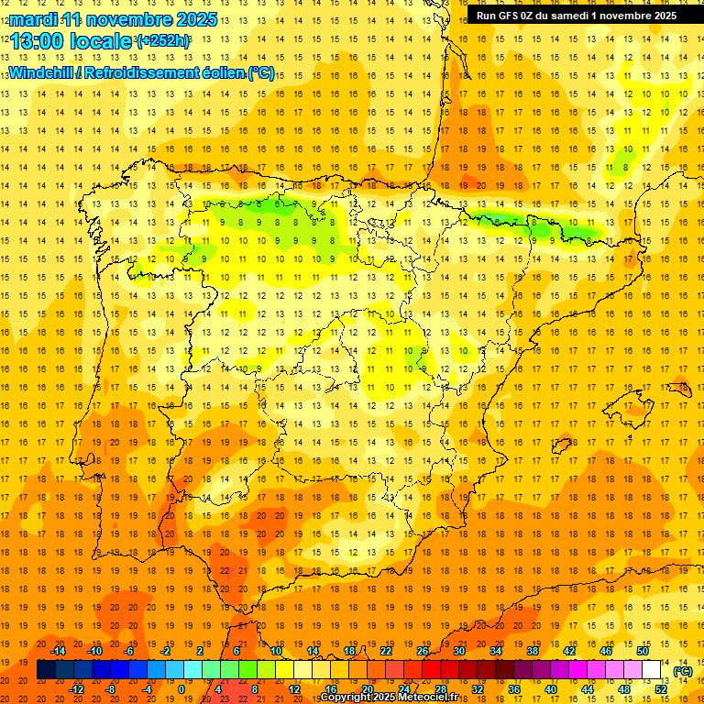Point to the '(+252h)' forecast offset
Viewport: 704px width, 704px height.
(x=162, y=41)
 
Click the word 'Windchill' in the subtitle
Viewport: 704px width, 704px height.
(x=40, y=72)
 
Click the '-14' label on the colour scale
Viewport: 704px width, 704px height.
(x=58, y=651)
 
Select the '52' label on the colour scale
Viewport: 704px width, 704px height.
(x=661, y=689)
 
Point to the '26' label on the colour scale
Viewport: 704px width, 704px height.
(x=423, y=651)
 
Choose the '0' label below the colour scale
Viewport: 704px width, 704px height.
(x=181, y=689)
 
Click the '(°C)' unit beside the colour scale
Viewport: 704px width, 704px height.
(x=681, y=672)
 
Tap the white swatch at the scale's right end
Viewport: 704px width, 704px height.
(x=652, y=670)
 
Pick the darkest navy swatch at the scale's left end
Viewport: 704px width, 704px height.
(x=46, y=670)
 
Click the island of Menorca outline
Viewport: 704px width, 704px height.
(x=679, y=389)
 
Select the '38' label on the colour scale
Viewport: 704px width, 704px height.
(x=533, y=651)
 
